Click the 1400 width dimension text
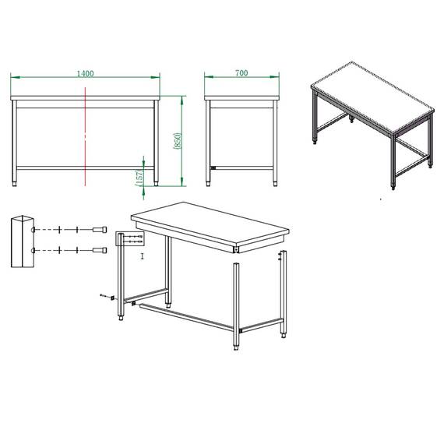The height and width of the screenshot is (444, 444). click(85, 73)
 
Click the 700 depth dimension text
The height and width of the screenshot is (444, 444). click(241, 72)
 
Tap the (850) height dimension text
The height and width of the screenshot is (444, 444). click(178, 141)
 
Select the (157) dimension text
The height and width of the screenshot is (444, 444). click(139, 178)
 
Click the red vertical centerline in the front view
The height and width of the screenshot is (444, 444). click(85, 137)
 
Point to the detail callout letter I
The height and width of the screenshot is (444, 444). click(143, 256)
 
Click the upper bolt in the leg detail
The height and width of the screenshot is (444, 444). click(100, 229)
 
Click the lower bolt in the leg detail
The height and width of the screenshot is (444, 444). click(100, 250)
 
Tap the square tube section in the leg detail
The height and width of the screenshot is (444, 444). click(23, 241)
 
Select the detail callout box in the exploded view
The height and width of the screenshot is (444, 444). click(130, 238)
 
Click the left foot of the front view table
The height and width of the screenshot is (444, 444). click(15, 184)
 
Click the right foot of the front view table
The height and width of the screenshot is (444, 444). click(156, 184)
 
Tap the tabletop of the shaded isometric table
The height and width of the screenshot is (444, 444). click(372, 97)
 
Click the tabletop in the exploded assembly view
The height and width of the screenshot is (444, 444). click(210, 224)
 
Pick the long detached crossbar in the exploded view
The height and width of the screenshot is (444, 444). click(187, 317)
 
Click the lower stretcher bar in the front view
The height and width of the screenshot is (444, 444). click(85, 168)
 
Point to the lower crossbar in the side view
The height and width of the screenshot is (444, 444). click(241, 168)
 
